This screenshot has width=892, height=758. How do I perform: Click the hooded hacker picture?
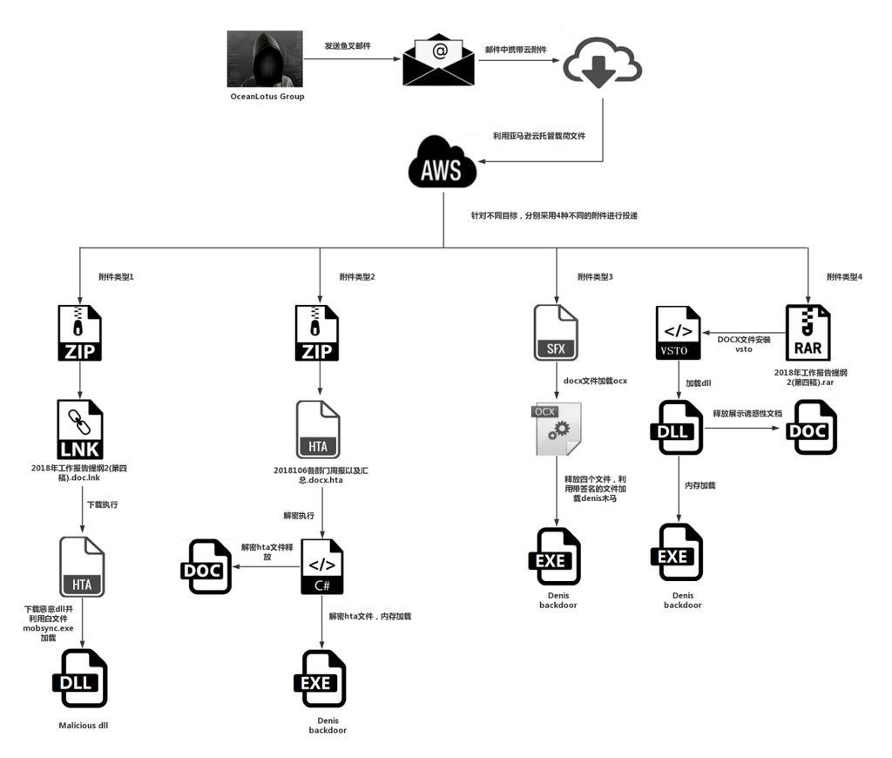pyautogui.click(x=266, y=58)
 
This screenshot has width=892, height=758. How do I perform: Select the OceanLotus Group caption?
pyautogui.click(x=267, y=97)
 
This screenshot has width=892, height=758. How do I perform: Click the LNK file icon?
pyautogui.click(x=80, y=429)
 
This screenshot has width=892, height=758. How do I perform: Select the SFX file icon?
pyautogui.click(x=556, y=332)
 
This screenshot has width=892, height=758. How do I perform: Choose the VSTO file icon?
pyautogui.click(x=679, y=332)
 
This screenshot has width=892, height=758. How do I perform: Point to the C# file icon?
pyautogui.click(x=322, y=566)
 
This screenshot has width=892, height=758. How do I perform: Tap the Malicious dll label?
pyautogui.click(x=84, y=725)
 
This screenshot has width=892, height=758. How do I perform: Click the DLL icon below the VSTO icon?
pyautogui.click(x=677, y=428)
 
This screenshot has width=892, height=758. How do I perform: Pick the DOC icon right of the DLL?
pyautogui.click(x=811, y=428)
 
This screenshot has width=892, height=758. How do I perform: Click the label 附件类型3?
pyautogui.click(x=595, y=277)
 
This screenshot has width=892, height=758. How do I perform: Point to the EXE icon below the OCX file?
pyautogui.click(x=555, y=556)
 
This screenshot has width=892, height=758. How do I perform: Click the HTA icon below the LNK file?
pyautogui.click(x=82, y=566)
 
